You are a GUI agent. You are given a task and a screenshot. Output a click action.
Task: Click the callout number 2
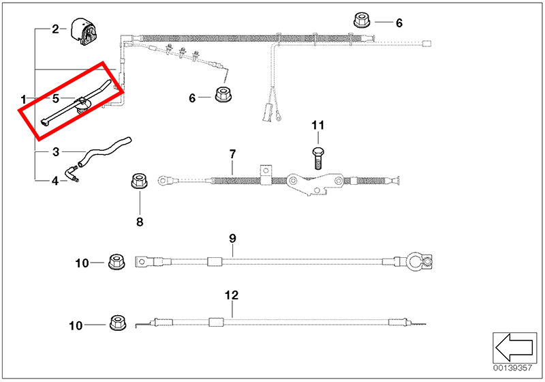click(x=56, y=29)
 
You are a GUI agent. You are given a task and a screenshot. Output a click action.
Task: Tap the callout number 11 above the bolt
click(x=318, y=126)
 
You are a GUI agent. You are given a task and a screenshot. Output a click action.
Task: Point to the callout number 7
click(x=232, y=153)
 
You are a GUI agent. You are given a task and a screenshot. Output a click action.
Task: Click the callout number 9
click(x=232, y=238)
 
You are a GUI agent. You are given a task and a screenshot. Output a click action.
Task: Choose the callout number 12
click(x=232, y=295)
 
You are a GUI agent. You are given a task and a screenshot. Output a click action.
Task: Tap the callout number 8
click(x=140, y=221)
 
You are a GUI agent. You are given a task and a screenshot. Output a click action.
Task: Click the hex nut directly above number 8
click(x=140, y=183)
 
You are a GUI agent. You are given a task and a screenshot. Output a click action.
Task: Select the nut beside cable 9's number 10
click(x=115, y=262)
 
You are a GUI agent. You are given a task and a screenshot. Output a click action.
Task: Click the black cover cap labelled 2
click(x=83, y=33)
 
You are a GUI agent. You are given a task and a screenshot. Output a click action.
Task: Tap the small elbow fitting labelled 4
click(x=73, y=174)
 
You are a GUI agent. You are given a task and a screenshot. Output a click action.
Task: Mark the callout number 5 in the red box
click(x=56, y=98)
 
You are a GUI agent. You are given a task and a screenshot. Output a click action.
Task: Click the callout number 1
click(x=23, y=100)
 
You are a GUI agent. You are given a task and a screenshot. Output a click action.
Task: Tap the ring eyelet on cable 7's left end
click(x=164, y=181)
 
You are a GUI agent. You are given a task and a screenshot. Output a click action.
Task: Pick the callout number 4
click(x=56, y=181)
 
